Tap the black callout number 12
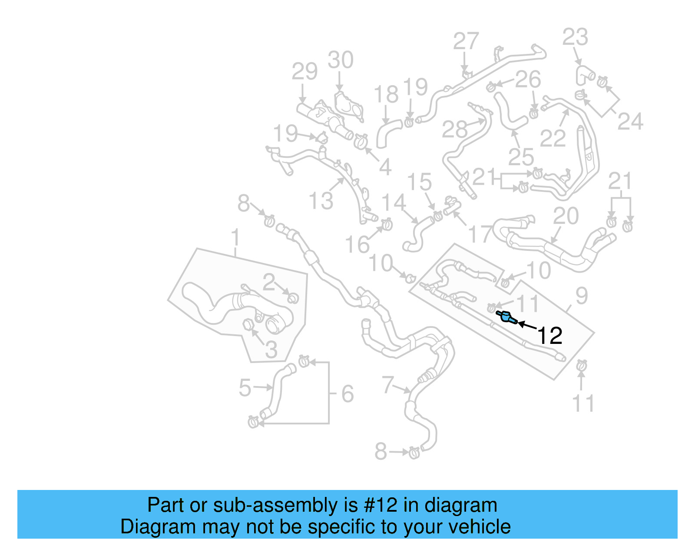pyautogui.click(x=550, y=336)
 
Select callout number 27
pyautogui.click(x=466, y=42)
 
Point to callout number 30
pyautogui.click(x=341, y=60)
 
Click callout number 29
pyautogui.click(x=304, y=71)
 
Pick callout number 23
pyautogui.click(x=575, y=37)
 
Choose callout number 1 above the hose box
pyautogui.click(x=235, y=238)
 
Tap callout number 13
pyautogui.click(x=321, y=201)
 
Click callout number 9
pyautogui.click(x=581, y=296)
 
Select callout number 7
pyautogui.click(x=387, y=384)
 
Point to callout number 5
pyautogui.click(x=245, y=388)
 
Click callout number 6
pyautogui.click(x=347, y=394)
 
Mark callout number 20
pyautogui.click(x=566, y=216)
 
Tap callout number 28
pyautogui.click(x=454, y=129)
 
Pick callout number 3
pyautogui.click(x=271, y=350)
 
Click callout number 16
pyautogui.click(x=357, y=245)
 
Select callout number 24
pyautogui.click(x=630, y=122)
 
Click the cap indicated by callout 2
pyautogui.click(x=294, y=298)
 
